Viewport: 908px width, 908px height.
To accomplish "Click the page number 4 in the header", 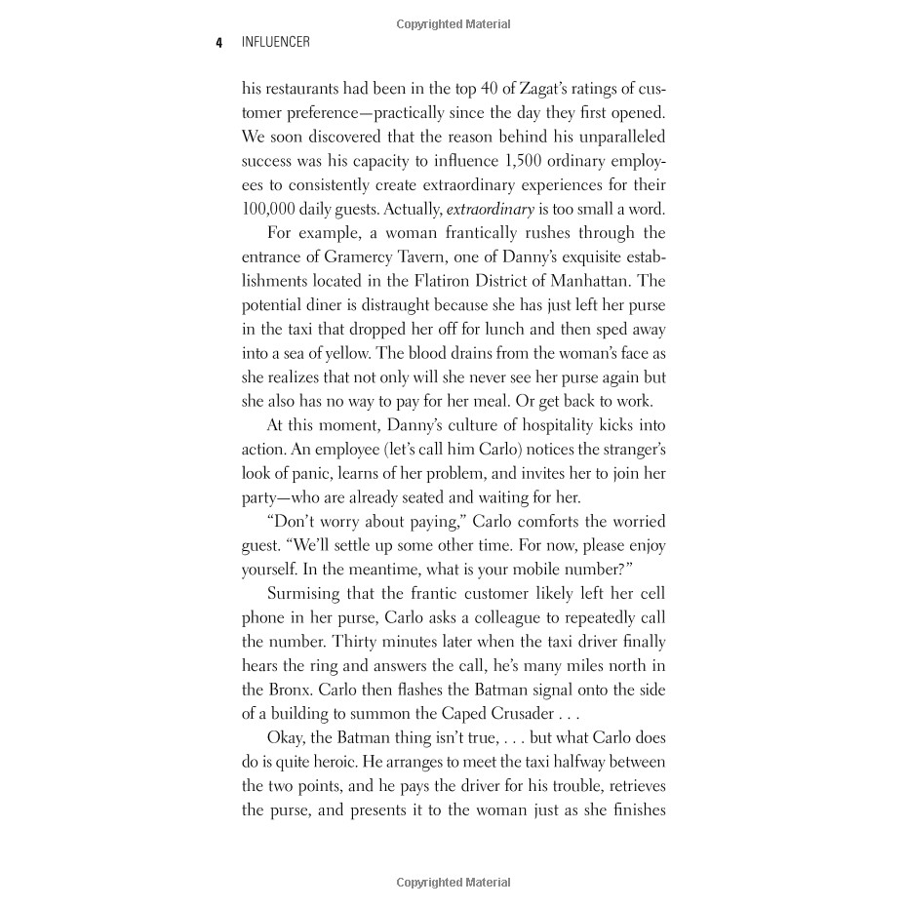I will pyautogui.click(x=219, y=42).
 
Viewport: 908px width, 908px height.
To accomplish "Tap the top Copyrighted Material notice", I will pyautogui.click(x=454, y=24).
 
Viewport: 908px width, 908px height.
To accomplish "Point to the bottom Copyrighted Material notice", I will pyautogui.click(x=454, y=883).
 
